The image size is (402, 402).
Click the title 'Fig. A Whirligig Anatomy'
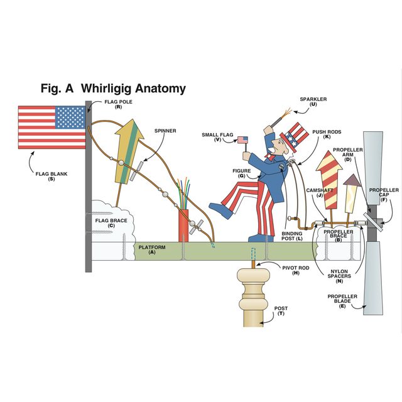coord(113,88)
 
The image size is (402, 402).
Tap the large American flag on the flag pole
coord(52,127)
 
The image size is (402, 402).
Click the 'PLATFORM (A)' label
coord(152,250)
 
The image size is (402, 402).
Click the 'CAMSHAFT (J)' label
coord(315,192)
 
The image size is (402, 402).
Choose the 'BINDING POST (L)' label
coord(291,236)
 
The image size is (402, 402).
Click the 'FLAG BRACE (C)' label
coord(111,223)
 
